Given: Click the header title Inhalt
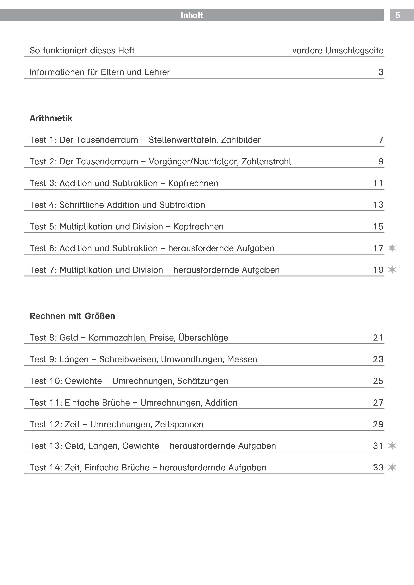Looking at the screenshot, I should [x=192, y=15].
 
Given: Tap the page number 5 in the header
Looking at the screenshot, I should [x=397, y=15].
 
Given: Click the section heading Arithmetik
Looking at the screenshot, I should [x=51, y=118].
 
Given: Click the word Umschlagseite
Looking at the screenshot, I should [x=354, y=51].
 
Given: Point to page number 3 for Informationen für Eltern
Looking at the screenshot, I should [x=381, y=72].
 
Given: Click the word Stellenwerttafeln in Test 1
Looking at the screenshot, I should [x=183, y=140].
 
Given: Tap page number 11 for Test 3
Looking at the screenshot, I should [x=378, y=183].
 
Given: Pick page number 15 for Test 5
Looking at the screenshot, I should [x=378, y=226].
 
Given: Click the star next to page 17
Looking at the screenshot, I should [x=392, y=248].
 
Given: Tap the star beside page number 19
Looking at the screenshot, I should [x=392, y=269].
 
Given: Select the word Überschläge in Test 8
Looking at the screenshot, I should [x=203, y=338].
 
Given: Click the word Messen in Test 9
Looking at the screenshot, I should [x=242, y=359].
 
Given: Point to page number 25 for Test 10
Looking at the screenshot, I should [x=378, y=381].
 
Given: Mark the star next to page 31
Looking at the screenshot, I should [x=392, y=446].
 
